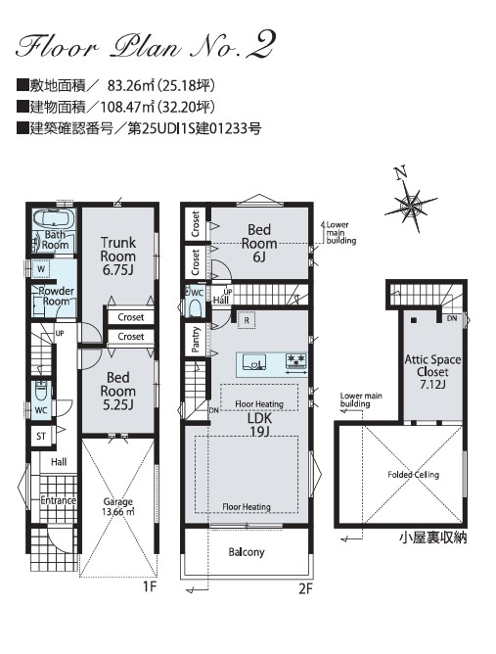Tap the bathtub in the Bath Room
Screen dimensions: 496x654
coord(54,218)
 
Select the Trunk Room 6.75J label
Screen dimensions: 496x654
coord(118,257)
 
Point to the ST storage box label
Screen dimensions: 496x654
coord(41,437)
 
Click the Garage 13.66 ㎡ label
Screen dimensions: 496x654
coord(118,506)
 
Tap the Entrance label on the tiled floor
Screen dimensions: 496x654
coord(59,500)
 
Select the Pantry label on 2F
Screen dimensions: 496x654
coord(196,339)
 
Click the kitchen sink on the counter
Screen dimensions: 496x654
coord(254,362)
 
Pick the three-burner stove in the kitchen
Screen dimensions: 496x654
coord(296,361)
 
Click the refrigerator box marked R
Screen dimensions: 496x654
coord(247,320)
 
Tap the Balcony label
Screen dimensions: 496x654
coord(247,552)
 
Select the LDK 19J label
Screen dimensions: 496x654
coord(259,424)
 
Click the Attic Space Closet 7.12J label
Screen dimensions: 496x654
coord(432,372)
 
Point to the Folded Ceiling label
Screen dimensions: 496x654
coord(413,475)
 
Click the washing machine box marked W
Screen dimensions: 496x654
coord(41,269)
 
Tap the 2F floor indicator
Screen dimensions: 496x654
coord(305,588)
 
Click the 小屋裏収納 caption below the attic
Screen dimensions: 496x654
coord(433,537)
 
